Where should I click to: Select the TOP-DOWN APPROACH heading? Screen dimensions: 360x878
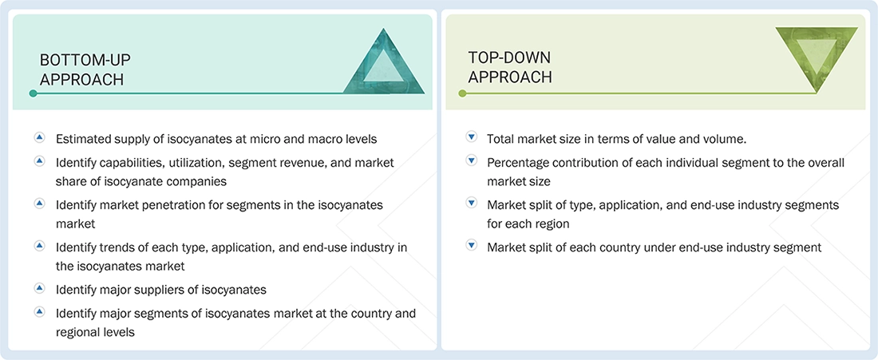[x=510, y=67]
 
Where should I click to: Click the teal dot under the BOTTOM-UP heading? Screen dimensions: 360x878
[x=33, y=93]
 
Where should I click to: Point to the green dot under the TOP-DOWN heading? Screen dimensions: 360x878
[x=462, y=93]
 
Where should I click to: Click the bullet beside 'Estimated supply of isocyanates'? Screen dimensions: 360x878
[x=39, y=138]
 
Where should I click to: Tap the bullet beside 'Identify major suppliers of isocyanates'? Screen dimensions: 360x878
[x=39, y=288]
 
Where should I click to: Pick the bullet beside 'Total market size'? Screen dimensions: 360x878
[x=471, y=138]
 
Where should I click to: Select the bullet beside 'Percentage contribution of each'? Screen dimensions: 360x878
[x=471, y=161]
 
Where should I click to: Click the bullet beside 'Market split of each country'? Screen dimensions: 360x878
[x=471, y=247]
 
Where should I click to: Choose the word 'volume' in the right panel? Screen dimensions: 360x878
[x=724, y=139]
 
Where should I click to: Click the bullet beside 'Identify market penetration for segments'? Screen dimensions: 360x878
[x=39, y=204]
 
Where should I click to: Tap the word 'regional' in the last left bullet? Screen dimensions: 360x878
[x=79, y=331]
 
